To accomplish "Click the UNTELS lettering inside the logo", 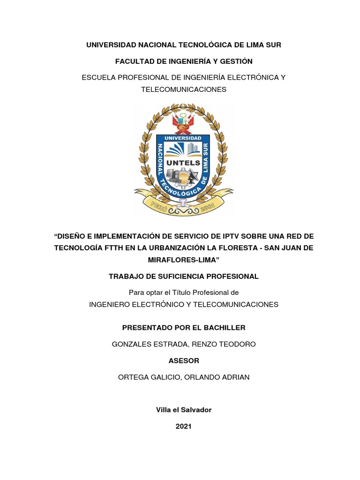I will (184, 163).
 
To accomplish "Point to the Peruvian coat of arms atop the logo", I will (183, 123).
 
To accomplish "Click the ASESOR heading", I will (184, 360).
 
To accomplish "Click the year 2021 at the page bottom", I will (184, 427).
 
